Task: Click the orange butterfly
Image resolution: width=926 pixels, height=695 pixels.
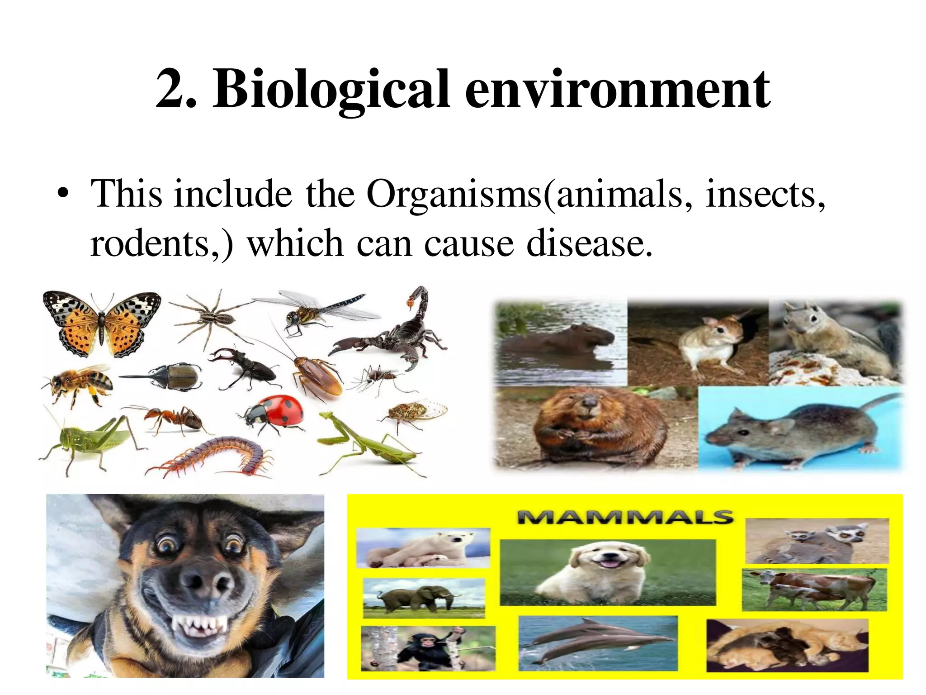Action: [101, 322]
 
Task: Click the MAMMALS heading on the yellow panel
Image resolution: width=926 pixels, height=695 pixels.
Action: [624, 517]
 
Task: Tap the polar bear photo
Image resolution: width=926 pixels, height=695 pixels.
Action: [423, 547]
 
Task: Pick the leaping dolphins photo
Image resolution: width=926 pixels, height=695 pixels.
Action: [598, 643]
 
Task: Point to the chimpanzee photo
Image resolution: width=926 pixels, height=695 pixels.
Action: [428, 648]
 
